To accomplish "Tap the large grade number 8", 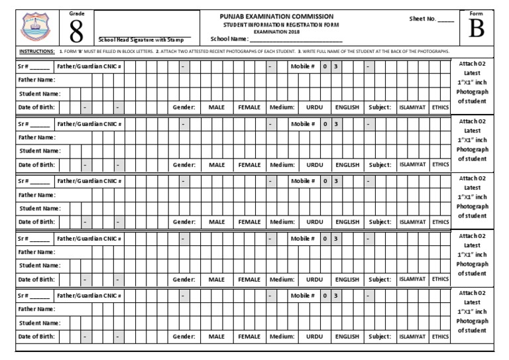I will coord(76,31).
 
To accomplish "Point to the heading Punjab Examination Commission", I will coord(276,16).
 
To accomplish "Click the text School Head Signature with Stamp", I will coord(141,40).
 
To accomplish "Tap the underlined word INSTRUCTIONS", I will coord(36,51).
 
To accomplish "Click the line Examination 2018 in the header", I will coord(276,31).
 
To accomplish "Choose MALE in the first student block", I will coord(217,107).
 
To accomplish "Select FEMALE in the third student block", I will coord(249,222).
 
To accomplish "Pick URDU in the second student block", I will coord(315,165).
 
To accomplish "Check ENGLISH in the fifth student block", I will coord(347,337).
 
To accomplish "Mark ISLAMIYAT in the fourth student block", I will coord(412,279).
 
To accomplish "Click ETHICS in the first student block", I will coord(440,107).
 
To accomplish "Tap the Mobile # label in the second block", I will coord(302,124).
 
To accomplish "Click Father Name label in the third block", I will coord(37,195).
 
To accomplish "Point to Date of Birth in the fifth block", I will coord(36,337).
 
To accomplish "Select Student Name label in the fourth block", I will coord(40,266).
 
